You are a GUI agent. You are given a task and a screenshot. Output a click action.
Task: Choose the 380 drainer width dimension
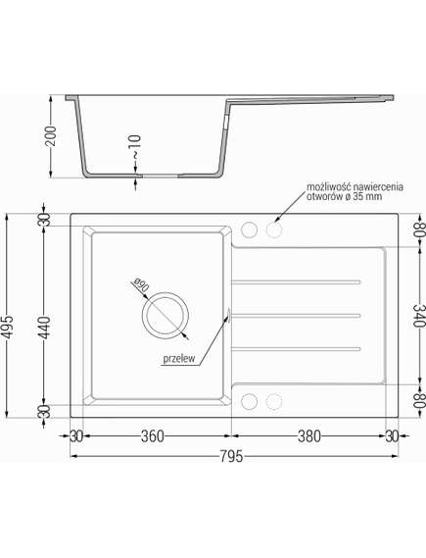[309, 436]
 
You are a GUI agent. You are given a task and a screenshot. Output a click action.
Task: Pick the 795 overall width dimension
[231, 456]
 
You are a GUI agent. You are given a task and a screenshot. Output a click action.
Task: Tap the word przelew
[181, 359]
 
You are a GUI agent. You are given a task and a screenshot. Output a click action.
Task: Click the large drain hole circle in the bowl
[163, 315]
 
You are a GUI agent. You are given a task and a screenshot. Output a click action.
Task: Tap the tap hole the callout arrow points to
[272, 230]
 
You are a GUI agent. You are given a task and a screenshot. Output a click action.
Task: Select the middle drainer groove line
[296, 315]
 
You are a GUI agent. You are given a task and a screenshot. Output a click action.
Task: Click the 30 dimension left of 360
[74, 436]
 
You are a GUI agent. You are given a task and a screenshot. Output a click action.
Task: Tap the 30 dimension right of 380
[392, 436]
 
